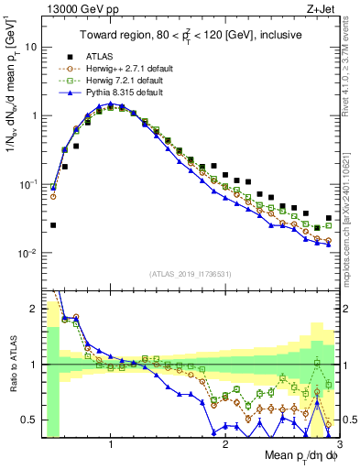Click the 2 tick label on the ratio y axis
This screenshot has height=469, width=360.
(35, 309)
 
